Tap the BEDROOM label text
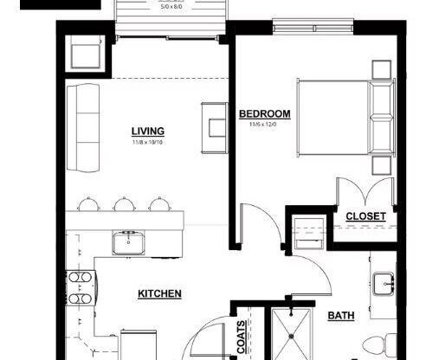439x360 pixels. pos(264,114)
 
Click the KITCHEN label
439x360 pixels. pos(159,293)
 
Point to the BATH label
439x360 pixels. pos(340,316)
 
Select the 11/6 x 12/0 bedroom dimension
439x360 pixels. pos(264,125)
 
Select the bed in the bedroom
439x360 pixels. pos(342,117)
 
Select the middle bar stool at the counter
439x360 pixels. pos(121,204)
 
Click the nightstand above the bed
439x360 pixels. pos(380,69)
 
